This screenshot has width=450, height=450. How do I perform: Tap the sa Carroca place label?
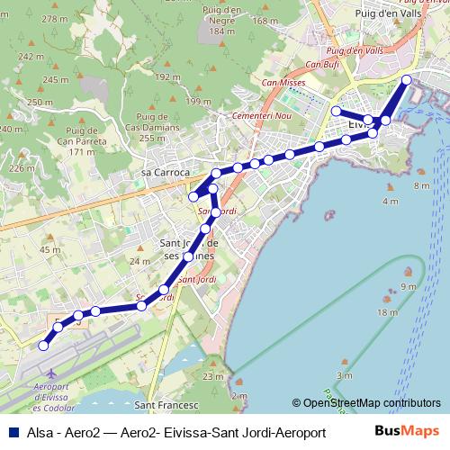tap(166, 172)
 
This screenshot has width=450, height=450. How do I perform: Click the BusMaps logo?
tap(408, 432)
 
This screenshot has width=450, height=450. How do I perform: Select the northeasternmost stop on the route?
tap(407, 80)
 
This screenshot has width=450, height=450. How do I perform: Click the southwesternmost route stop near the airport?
tap(42, 345)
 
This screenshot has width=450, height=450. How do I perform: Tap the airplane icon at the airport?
tap(50, 372)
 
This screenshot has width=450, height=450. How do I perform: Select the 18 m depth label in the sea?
tap(388, 311)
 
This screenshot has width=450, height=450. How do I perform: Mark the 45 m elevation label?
tap(50, 249)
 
